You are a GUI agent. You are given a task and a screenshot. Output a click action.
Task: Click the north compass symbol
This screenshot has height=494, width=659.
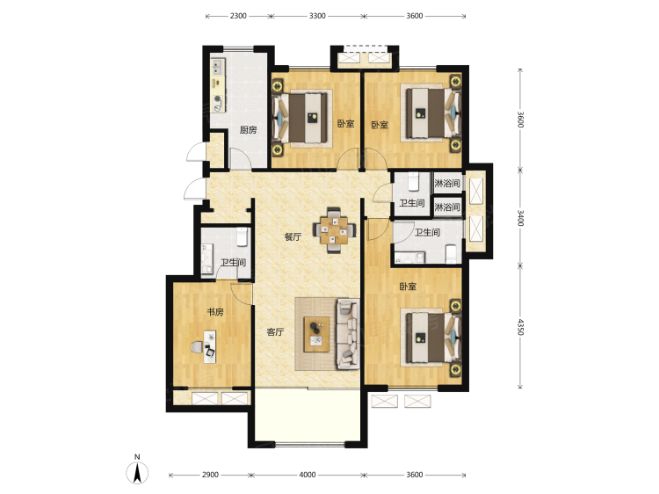(137, 472)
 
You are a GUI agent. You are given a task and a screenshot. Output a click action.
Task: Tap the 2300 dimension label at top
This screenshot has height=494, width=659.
(238, 16)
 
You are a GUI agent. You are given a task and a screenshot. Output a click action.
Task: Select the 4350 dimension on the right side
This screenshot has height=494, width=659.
(520, 327)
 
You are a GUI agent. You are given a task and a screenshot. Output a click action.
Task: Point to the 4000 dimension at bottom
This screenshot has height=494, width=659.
(308, 475)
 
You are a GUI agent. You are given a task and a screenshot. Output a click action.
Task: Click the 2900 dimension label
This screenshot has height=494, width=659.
(210, 475)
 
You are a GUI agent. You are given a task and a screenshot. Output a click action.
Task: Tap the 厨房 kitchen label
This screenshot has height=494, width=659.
(248, 130)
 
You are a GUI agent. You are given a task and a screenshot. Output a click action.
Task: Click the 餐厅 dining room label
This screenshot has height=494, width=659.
(293, 236)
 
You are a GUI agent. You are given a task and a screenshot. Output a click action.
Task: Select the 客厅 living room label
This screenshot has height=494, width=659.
(276, 332)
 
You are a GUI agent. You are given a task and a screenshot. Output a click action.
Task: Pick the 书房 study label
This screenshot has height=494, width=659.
(215, 312)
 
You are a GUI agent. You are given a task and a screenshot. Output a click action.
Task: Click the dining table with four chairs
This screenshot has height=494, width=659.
(334, 230)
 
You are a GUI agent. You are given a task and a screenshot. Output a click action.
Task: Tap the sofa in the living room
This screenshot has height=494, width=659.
(348, 334)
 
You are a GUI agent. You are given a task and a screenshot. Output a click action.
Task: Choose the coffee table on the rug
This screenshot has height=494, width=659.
(317, 334)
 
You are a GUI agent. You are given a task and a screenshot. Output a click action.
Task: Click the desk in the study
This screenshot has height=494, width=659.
(210, 347)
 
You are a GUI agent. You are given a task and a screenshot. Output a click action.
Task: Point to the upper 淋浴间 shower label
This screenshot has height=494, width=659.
(446, 184)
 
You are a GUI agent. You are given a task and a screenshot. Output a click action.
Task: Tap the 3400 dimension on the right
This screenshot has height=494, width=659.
(520, 218)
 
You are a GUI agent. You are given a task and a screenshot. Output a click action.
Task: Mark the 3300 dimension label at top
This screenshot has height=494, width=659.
(317, 16)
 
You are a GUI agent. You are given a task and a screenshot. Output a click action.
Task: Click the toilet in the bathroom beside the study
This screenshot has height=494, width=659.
(242, 236)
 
